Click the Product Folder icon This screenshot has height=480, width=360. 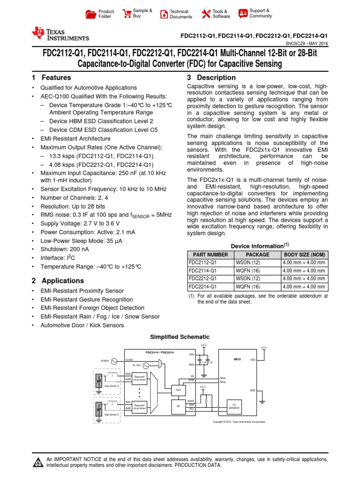(x=90, y=14)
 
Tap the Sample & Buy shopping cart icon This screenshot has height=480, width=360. (x=127, y=14)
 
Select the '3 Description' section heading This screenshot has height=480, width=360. (x=211, y=78)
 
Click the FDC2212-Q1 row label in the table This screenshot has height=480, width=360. (x=202, y=278)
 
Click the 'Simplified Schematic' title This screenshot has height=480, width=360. (x=180, y=337)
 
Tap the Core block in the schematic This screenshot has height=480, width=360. (x=178, y=390)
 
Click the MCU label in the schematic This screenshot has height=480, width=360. (x=237, y=359)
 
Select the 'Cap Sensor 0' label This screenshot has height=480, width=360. (x=112, y=386)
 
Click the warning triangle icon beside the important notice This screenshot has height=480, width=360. (x=37, y=463)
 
